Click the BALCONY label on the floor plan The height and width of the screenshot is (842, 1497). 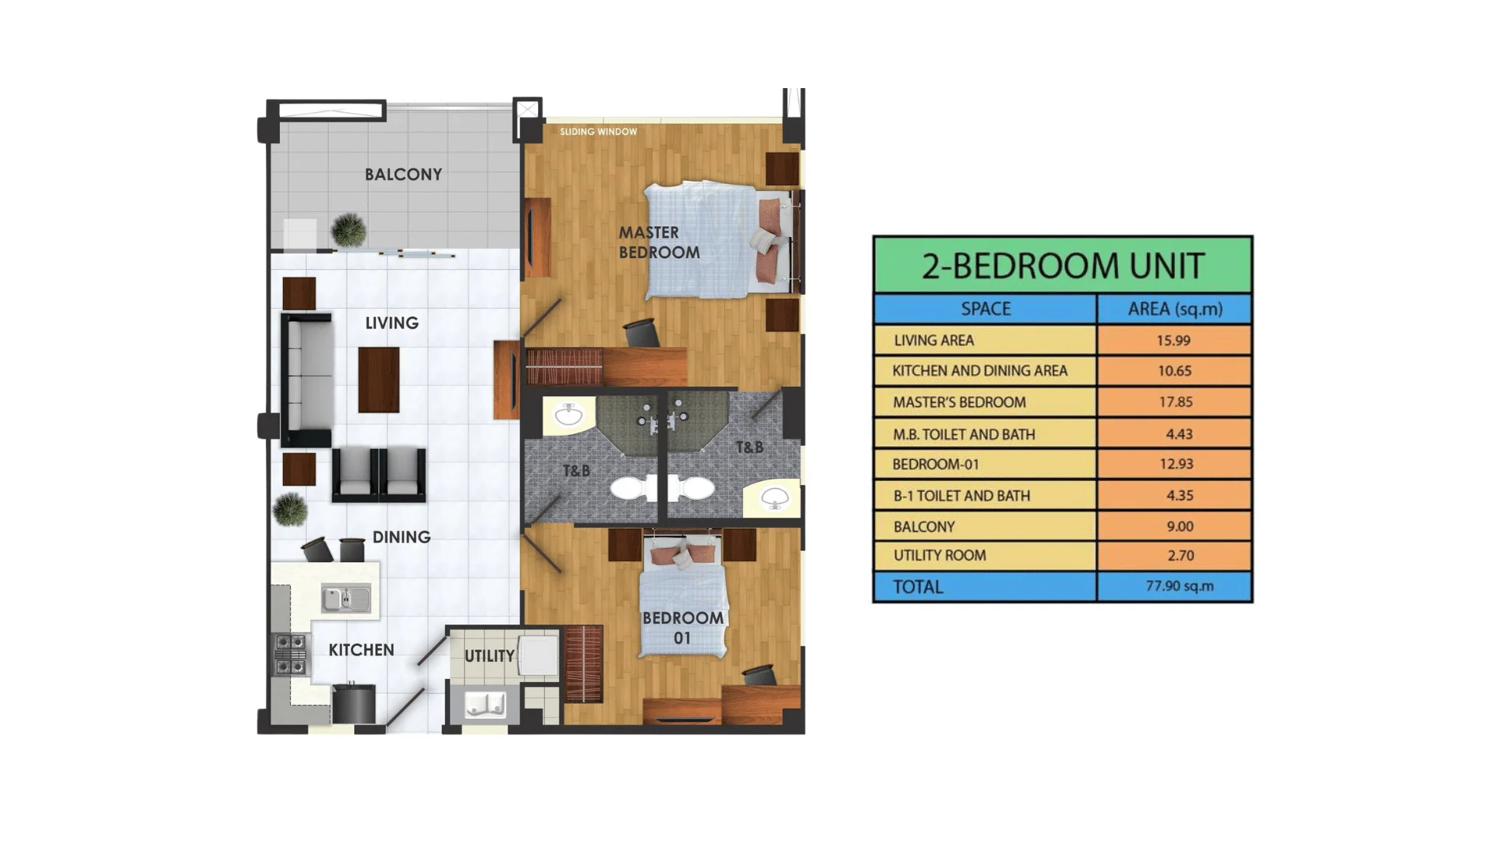click(x=403, y=175)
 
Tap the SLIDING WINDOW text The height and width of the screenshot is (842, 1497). click(x=598, y=132)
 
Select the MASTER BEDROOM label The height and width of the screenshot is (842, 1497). click(x=659, y=242)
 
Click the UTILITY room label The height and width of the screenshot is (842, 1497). click(x=489, y=656)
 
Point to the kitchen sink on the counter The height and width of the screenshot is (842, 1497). click(x=346, y=599)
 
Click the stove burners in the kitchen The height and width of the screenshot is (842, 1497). click(x=290, y=654)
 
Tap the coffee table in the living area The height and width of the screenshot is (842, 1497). click(x=378, y=380)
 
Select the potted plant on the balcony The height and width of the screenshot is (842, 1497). click(x=348, y=229)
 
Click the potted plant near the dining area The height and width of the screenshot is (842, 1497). click(x=290, y=510)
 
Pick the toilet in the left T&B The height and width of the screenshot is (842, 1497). click(x=633, y=488)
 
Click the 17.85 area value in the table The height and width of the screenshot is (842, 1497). click(x=1174, y=402)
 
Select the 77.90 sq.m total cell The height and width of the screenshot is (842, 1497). click(x=1179, y=586)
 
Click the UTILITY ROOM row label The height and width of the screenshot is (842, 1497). click(x=940, y=556)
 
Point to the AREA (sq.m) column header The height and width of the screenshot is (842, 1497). click(x=1174, y=310)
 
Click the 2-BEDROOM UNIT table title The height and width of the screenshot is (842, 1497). click(x=1063, y=266)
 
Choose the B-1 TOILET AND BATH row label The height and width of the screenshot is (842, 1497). click(x=961, y=496)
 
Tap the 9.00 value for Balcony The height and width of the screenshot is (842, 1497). click(x=1179, y=527)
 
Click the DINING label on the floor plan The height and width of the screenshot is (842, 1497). click(x=401, y=537)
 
